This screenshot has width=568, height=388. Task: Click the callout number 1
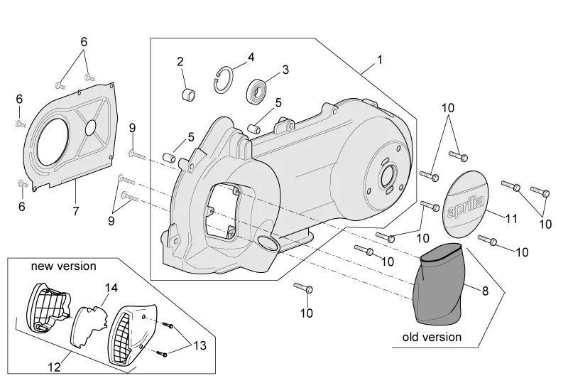[379, 60]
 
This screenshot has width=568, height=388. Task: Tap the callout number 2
[180, 60]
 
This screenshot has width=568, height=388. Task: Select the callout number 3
[285, 70]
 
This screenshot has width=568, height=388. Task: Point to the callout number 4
[251, 56]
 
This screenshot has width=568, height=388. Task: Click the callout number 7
[75, 210]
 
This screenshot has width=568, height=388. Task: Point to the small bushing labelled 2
[189, 95]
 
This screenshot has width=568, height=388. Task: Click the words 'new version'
[63, 266]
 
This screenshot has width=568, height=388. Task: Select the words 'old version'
[432, 337]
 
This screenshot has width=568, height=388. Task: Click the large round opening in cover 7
[49, 140]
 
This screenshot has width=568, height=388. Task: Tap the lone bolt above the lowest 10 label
[303, 288]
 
